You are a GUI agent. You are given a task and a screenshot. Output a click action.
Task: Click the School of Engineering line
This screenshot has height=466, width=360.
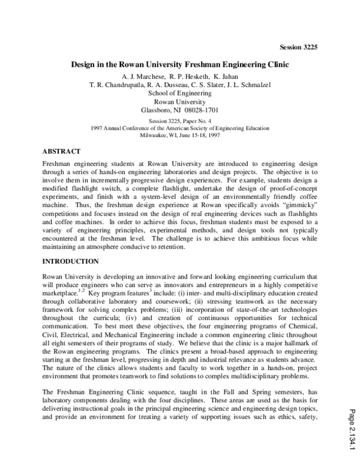point(179,93)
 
